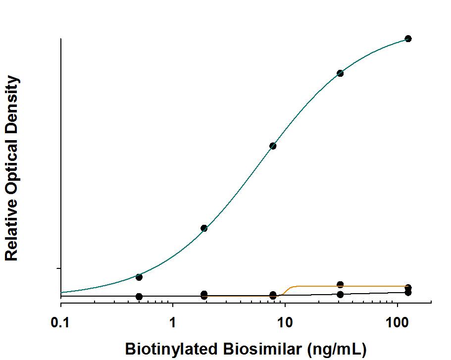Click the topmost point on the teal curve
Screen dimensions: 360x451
pos(408,39)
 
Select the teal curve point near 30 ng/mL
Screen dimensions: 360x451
pos(340,73)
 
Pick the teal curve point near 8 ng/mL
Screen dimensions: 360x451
pos(273,146)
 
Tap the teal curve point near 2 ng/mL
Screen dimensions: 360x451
pos(204,228)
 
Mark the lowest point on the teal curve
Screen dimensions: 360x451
pos(139,277)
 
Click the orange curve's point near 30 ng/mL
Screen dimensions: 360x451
pos(340,285)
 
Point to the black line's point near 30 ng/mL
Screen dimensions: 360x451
pos(340,294)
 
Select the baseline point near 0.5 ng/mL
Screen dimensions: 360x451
pos(139,297)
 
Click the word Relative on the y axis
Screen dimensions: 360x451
pos(12,231)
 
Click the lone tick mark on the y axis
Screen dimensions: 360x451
pos(59,268)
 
